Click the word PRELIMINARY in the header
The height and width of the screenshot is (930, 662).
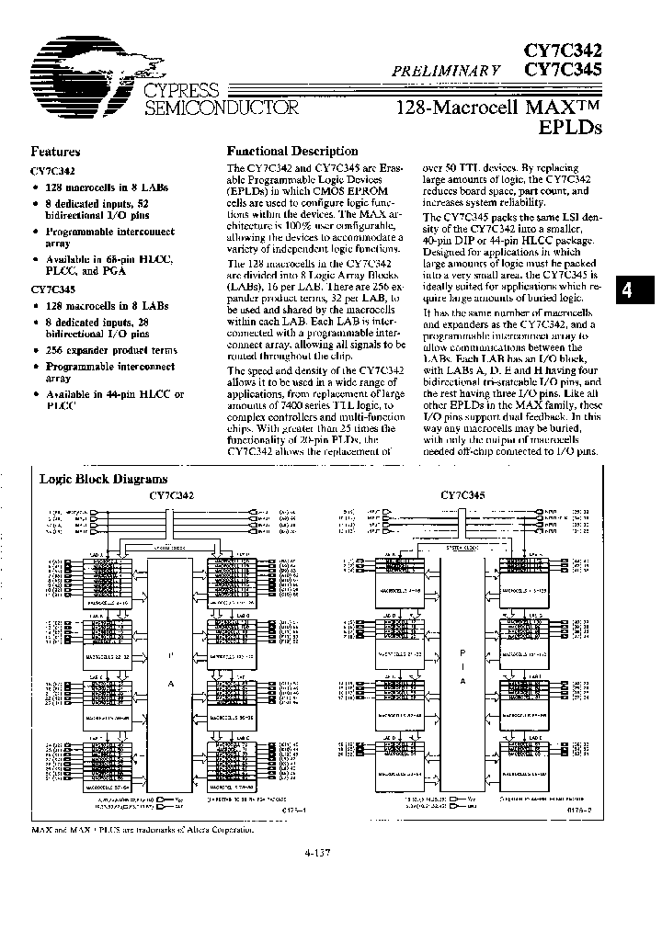click(446, 68)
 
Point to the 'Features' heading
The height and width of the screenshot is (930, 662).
click(55, 153)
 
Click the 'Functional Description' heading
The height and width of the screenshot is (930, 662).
click(292, 152)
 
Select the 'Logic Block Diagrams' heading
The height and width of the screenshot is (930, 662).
click(103, 479)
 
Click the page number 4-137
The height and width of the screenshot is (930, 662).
click(316, 853)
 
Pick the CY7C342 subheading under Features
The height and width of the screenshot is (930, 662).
click(53, 171)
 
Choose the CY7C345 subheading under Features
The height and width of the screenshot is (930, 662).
click(53, 289)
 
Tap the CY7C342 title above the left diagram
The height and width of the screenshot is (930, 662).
click(172, 494)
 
